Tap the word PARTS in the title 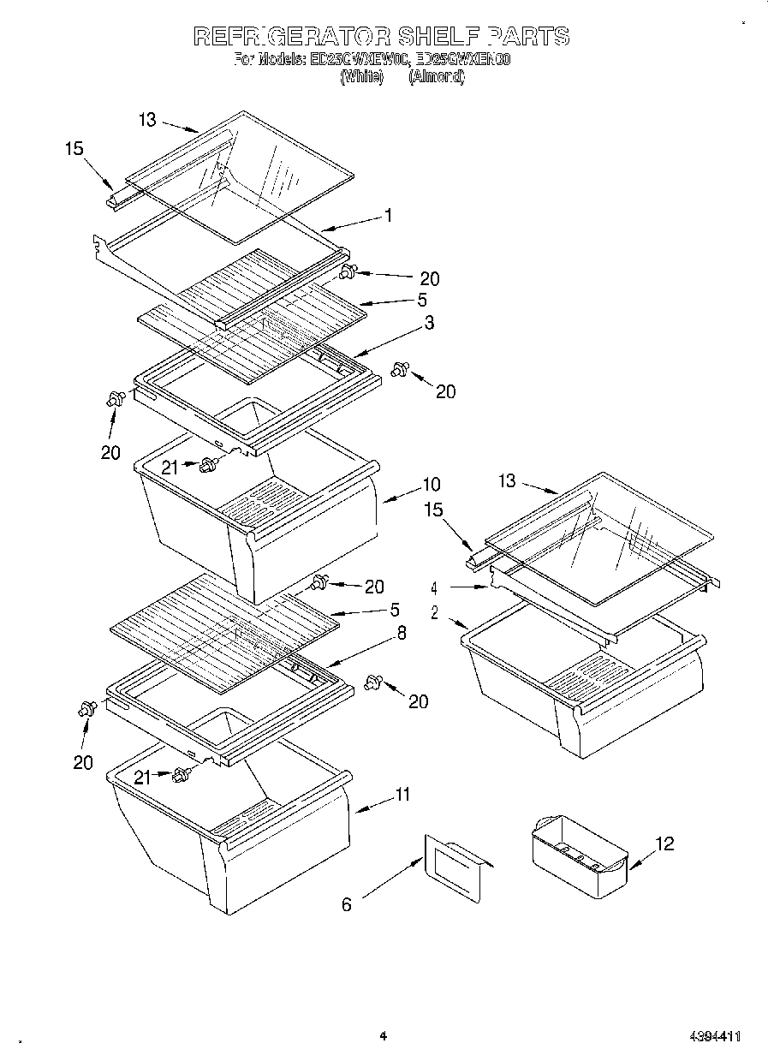coord(528,36)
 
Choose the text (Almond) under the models coord(436,77)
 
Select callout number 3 coord(428,323)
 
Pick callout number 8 coord(401,634)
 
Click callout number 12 coord(664,844)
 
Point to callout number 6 coord(346,904)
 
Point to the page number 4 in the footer coord(383,1036)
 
